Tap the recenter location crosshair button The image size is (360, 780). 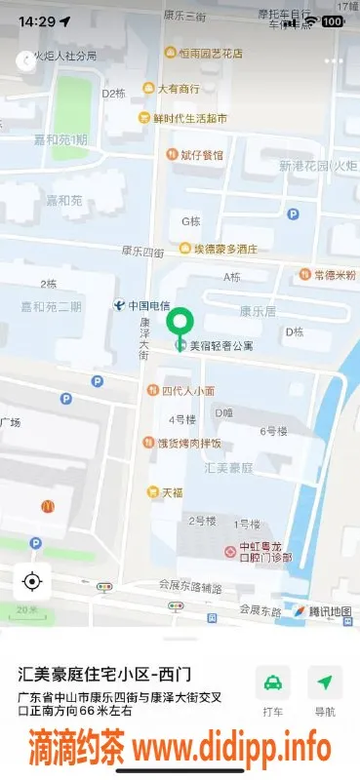point(31,582)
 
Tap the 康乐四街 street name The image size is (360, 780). point(142,252)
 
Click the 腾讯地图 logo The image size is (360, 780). point(322,611)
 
